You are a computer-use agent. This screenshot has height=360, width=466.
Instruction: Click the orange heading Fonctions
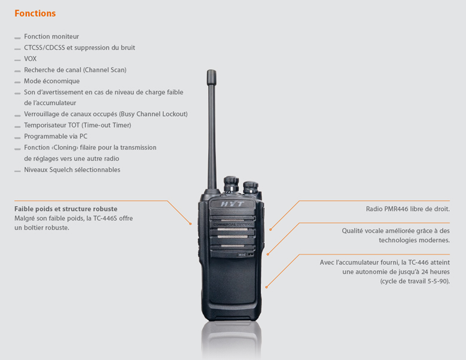click(x=35, y=13)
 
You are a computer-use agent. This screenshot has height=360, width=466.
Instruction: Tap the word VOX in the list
click(x=31, y=59)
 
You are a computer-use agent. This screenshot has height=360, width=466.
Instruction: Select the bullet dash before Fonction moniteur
click(x=17, y=38)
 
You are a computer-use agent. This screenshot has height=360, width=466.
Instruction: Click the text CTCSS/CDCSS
click(x=44, y=47)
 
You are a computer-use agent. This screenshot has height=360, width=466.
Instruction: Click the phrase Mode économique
click(x=51, y=81)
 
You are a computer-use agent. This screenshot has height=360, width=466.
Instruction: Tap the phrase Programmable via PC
click(x=56, y=136)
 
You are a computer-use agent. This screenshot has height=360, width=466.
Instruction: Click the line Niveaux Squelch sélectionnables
click(x=72, y=170)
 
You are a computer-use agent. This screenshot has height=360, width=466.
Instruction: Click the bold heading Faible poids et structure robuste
click(x=66, y=209)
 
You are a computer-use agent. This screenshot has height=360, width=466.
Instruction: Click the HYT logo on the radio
click(x=232, y=204)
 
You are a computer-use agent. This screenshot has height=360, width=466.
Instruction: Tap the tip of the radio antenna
click(x=212, y=71)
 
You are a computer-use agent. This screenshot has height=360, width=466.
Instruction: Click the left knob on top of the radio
click(x=231, y=184)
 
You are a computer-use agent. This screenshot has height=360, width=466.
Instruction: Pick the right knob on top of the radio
click(x=251, y=187)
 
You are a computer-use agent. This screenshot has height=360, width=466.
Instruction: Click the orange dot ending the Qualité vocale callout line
click(x=268, y=254)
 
